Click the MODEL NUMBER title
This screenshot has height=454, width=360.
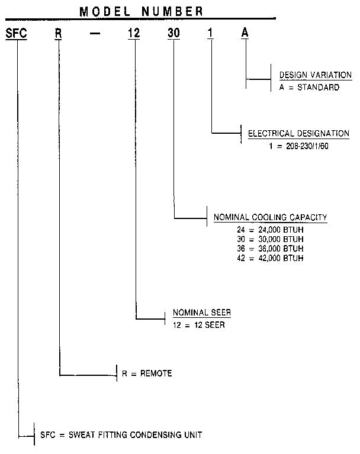point(142,11)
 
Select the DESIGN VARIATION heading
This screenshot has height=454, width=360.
point(315,76)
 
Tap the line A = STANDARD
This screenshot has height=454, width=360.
point(309,87)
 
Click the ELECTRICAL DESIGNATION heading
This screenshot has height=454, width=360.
point(298,134)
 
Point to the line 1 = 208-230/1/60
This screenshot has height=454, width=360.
point(296,145)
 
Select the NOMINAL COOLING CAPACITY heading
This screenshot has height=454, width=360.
point(270,218)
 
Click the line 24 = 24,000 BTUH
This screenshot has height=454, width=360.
point(269,230)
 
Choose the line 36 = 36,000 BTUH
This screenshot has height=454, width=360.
point(269,247)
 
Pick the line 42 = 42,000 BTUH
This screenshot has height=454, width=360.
point(269,257)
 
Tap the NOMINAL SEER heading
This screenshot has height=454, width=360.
point(201,312)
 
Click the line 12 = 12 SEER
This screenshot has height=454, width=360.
point(198,324)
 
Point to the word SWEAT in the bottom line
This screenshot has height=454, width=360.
point(80,434)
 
